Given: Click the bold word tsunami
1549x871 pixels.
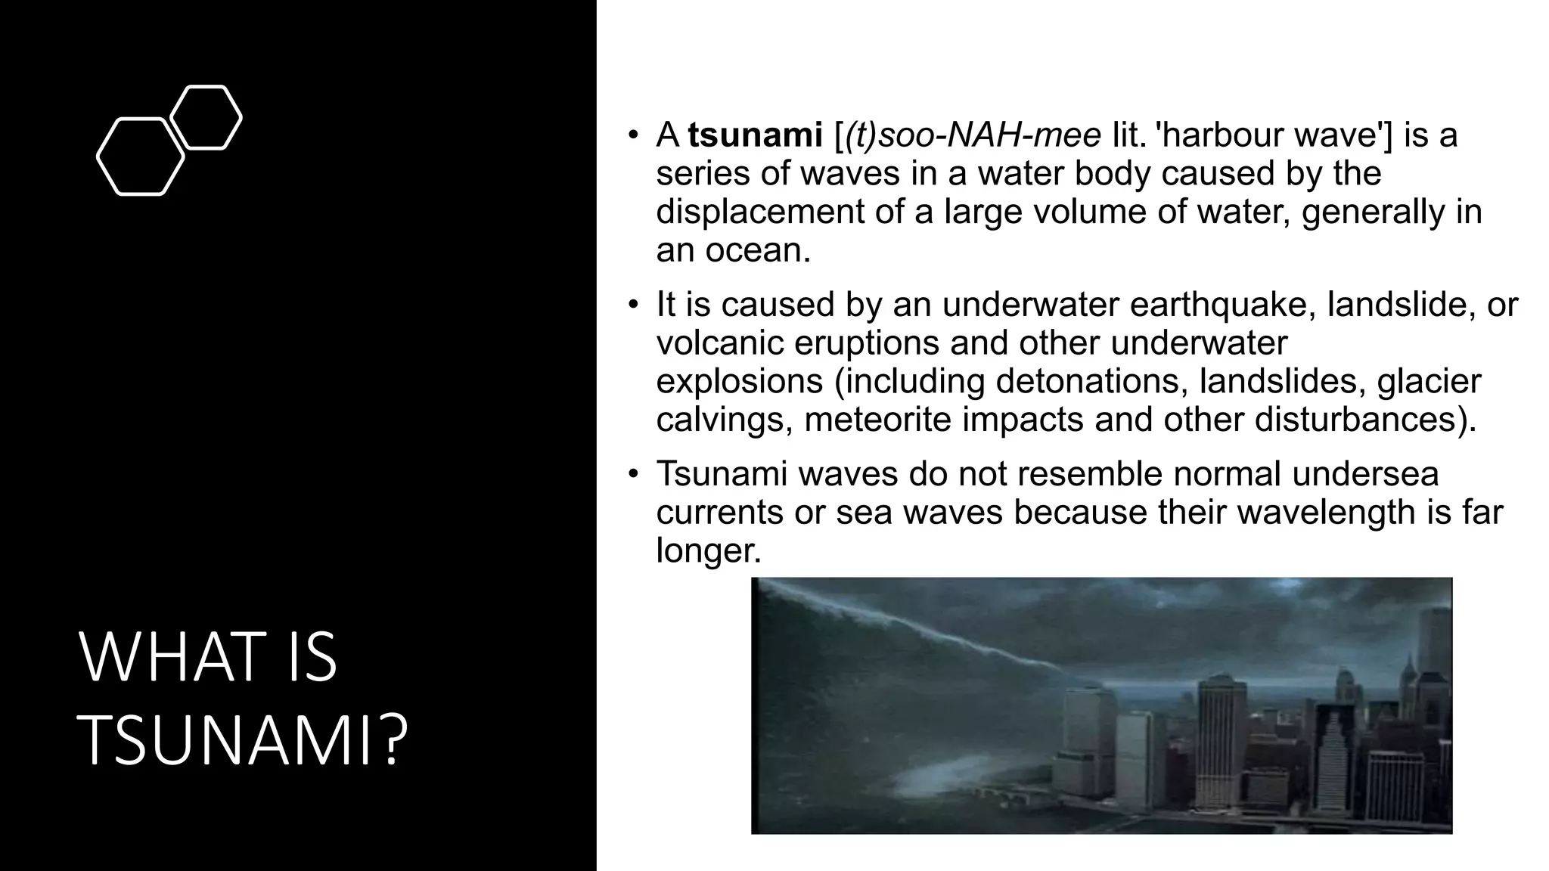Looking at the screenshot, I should pos(755,136).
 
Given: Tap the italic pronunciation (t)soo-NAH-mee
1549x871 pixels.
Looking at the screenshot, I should pos(973,136).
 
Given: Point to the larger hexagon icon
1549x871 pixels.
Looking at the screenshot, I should pos(140,157).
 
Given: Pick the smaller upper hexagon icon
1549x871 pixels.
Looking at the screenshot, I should pos(206,117).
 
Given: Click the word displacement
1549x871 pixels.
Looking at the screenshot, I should pos(759,212).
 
